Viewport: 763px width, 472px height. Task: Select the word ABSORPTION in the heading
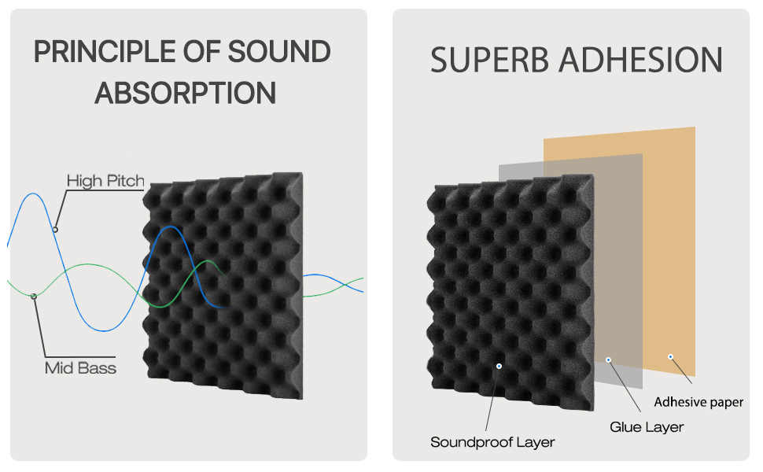point(186,92)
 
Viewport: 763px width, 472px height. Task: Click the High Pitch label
point(105,181)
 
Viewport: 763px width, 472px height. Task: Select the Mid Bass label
point(80,367)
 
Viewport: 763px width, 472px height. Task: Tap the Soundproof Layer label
point(492,442)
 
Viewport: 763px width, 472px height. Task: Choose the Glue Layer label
point(647,427)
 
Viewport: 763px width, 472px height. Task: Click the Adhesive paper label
point(698,402)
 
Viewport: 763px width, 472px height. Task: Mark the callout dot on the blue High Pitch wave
point(55,229)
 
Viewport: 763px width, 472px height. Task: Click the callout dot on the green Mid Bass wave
point(33,296)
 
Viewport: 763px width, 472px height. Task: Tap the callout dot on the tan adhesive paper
point(670,356)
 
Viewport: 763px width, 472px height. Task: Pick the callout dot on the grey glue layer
point(608,360)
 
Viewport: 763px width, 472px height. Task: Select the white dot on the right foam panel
point(499,366)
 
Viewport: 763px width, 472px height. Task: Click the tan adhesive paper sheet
point(669,236)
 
